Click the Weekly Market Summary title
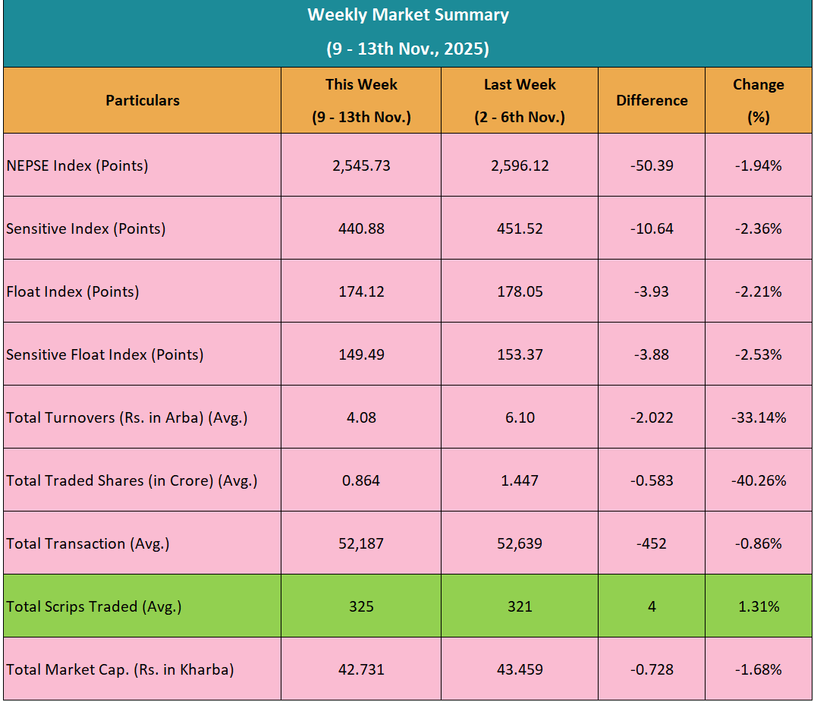[407, 15]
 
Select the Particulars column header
[143, 100]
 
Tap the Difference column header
[652, 100]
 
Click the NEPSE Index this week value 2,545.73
[361, 165]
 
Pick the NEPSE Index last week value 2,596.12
[520, 165]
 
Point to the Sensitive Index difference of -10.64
[652, 228]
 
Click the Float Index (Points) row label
[73, 291]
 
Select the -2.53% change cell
[758, 354]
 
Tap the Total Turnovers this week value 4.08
[361, 417]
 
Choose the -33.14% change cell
[758, 417]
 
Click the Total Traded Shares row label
[132, 480]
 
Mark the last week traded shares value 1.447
[520, 480]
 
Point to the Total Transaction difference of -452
[652, 543]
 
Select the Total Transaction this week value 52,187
[361, 543]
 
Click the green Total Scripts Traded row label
[94, 606]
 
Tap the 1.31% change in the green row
[758, 606]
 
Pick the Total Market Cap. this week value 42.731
[361, 669]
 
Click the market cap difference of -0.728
[652, 669]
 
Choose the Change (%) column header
[758, 100]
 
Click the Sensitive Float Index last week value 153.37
[520, 354]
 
